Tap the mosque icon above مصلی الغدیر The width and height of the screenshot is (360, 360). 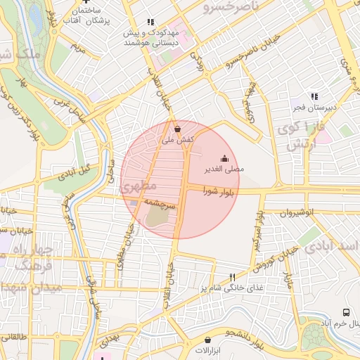point(224,157)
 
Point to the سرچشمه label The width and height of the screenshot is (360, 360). point(160,201)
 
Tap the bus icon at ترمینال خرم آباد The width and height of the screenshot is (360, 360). point(345,311)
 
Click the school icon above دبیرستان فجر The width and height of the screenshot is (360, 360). point(314,96)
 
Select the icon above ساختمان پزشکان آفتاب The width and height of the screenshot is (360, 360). point(86,2)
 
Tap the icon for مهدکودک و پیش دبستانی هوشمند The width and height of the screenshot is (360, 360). point(150,22)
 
